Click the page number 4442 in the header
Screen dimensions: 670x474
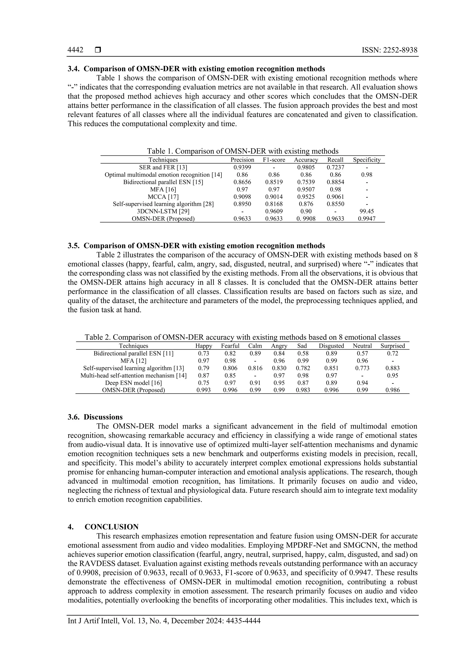tap(75, 50)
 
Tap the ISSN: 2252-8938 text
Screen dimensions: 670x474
tap(389, 50)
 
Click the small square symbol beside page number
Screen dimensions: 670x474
tap(98, 50)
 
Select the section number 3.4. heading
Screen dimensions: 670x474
tap(74, 69)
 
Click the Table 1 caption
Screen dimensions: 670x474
tap(243, 151)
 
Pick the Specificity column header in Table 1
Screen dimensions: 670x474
tap(367, 160)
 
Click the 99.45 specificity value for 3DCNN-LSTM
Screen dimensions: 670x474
tap(367, 211)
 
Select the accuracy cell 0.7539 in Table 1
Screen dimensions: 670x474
tap(306, 182)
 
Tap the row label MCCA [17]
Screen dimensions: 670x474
tap(163, 197)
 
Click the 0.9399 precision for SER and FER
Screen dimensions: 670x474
tap(242, 167)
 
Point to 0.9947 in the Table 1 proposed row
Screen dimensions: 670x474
tap(367, 219)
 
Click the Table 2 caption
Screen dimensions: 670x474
tap(243, 337)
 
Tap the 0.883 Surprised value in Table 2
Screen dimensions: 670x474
tap(393, 368)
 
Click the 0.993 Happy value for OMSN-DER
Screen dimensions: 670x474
tap(203, 390)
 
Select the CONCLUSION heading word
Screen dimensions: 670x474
tap(112, 527)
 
